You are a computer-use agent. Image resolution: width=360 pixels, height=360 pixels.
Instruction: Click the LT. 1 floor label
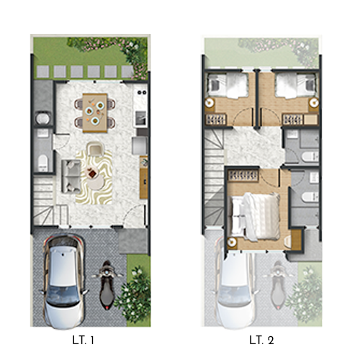[83, 341]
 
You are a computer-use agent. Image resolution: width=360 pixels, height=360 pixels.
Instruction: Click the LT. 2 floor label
[261, 341]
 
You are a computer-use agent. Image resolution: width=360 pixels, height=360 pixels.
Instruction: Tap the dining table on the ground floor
[95, 113]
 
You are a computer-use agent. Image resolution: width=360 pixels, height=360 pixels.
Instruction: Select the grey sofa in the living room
[71, 176]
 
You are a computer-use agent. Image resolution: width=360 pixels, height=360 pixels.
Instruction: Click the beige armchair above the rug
[95, 149]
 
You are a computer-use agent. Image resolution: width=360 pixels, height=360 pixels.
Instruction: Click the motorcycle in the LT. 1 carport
[107, 285]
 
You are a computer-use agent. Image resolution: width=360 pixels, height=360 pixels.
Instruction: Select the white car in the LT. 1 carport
[63, 282]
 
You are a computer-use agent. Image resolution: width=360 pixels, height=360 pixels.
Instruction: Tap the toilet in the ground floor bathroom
[43, 161]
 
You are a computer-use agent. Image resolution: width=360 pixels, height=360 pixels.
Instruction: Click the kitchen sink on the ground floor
[140, 119]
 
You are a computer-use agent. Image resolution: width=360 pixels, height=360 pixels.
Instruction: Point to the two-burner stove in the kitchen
[142, 92]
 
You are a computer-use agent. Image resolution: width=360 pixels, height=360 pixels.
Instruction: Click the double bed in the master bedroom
[255, 216]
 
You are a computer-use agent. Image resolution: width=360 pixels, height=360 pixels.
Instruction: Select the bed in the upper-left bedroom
[228, 86]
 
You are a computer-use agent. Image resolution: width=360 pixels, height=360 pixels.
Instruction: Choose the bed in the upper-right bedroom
[295, 86]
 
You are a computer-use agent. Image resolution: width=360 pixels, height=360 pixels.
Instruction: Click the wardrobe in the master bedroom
[243, 176]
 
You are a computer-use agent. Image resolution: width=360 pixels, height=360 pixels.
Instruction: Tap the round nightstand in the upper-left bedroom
[210, 103]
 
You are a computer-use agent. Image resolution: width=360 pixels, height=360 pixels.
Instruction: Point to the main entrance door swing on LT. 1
[135, 216]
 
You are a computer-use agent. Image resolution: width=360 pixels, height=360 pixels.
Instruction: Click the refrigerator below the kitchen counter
[139, 145]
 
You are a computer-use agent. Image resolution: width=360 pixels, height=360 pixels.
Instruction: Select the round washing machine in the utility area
[42, 118]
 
